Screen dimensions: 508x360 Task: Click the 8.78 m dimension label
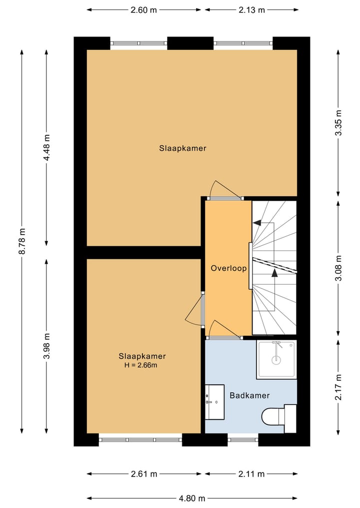(22, 241)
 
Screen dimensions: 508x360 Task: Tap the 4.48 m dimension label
(46, 147)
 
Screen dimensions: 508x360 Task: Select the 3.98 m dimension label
(46, 346)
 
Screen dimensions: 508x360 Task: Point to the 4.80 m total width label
(192, 498)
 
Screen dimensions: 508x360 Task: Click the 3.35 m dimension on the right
(338, 123)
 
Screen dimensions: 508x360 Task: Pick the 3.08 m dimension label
(338, 268)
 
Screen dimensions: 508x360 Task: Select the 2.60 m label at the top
(143, 9)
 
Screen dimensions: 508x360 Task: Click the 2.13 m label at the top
(251, 9)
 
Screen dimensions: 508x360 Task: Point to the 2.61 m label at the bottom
(144, 474)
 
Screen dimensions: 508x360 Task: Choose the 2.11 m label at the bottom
(251, 474)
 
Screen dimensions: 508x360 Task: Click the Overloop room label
(228, 268)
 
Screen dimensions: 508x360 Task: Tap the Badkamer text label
(249, 396)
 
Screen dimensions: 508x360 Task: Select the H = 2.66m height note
(142, 365)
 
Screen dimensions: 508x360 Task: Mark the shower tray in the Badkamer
(276, 359)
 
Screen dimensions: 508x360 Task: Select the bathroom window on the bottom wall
(243, 440)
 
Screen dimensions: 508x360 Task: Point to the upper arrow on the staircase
(257, 224)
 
